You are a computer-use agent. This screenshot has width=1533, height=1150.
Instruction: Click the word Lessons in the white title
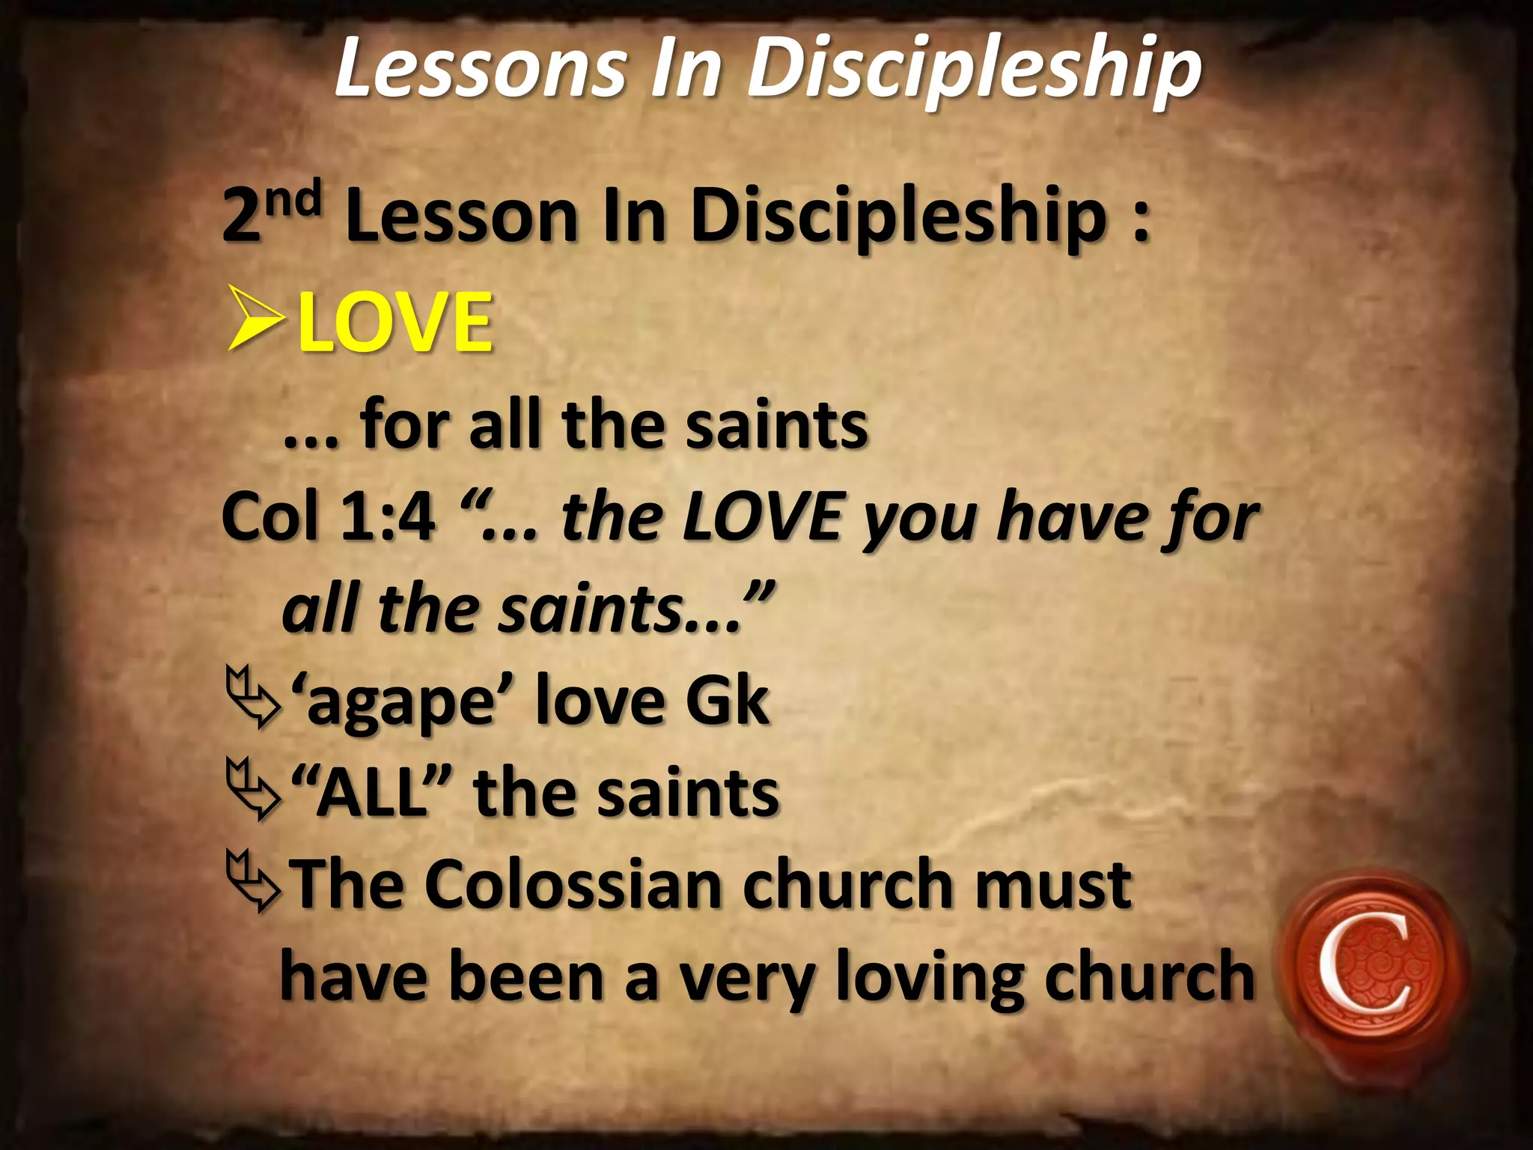[x=479, y=69]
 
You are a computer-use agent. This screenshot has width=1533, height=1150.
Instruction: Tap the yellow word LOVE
[x=394, y=323]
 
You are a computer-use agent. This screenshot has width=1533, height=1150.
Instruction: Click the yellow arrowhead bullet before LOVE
[x=256, y=323]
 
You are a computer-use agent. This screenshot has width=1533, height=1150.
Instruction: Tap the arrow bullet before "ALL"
[x=253, y=792]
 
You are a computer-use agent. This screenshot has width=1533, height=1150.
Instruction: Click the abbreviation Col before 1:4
[x=271, y=517]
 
